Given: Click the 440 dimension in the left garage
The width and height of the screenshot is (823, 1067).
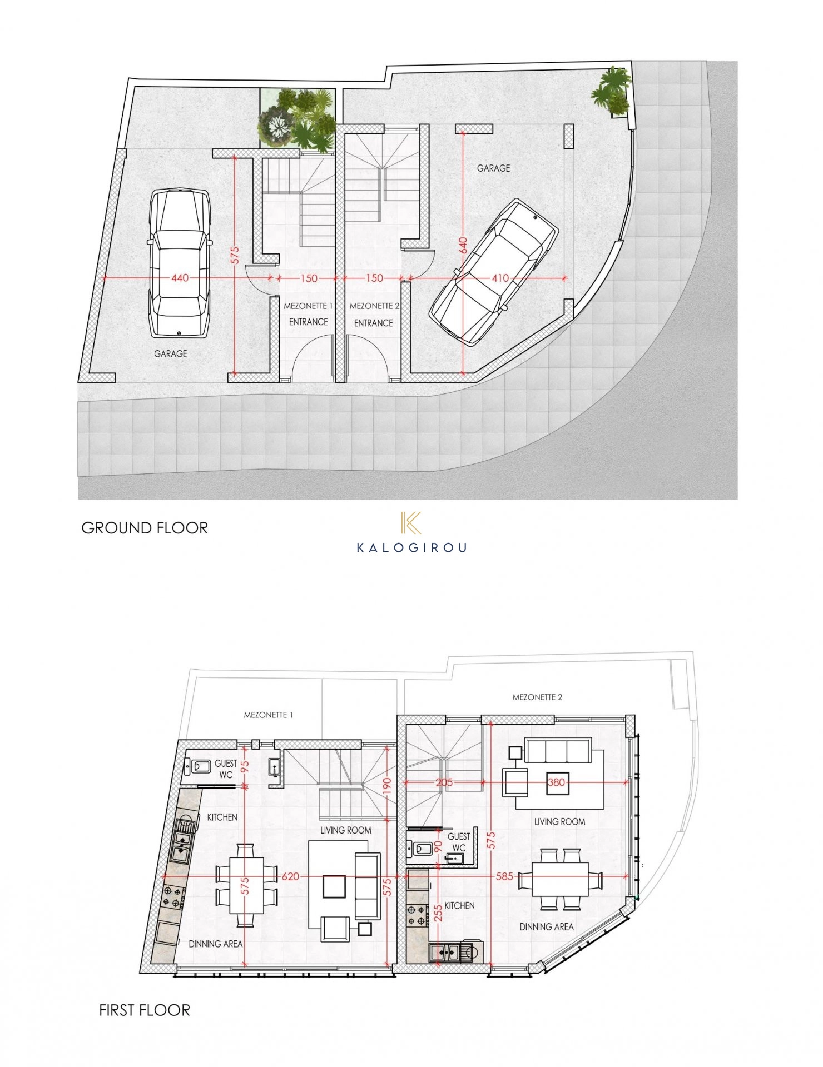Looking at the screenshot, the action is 180,277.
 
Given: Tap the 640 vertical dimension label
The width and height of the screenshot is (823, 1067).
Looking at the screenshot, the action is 463,246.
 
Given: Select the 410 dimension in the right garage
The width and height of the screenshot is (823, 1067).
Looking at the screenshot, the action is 500,278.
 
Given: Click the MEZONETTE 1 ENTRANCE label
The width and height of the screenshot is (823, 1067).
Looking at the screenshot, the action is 308,314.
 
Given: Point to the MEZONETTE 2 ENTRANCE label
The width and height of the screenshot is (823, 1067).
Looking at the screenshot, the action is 374,315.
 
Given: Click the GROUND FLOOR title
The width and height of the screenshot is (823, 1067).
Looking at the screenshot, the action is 145,528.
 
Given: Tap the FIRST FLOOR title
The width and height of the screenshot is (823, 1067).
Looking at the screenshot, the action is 145,1010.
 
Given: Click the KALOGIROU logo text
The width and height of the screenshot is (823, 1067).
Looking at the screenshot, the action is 411,548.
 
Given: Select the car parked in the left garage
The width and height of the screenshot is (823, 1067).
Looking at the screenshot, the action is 179,263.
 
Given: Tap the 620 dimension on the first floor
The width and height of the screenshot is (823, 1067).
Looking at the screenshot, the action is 290,876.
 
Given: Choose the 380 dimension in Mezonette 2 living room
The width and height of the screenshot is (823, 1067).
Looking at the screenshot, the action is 556,782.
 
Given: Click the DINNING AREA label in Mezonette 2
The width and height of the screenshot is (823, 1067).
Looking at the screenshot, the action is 547,926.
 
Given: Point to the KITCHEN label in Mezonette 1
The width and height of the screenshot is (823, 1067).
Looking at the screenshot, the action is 222,817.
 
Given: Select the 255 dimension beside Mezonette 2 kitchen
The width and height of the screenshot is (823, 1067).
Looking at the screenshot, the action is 438,913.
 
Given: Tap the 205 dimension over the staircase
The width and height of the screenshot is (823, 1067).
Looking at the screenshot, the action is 444,782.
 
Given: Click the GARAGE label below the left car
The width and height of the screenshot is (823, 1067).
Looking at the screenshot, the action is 171,353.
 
